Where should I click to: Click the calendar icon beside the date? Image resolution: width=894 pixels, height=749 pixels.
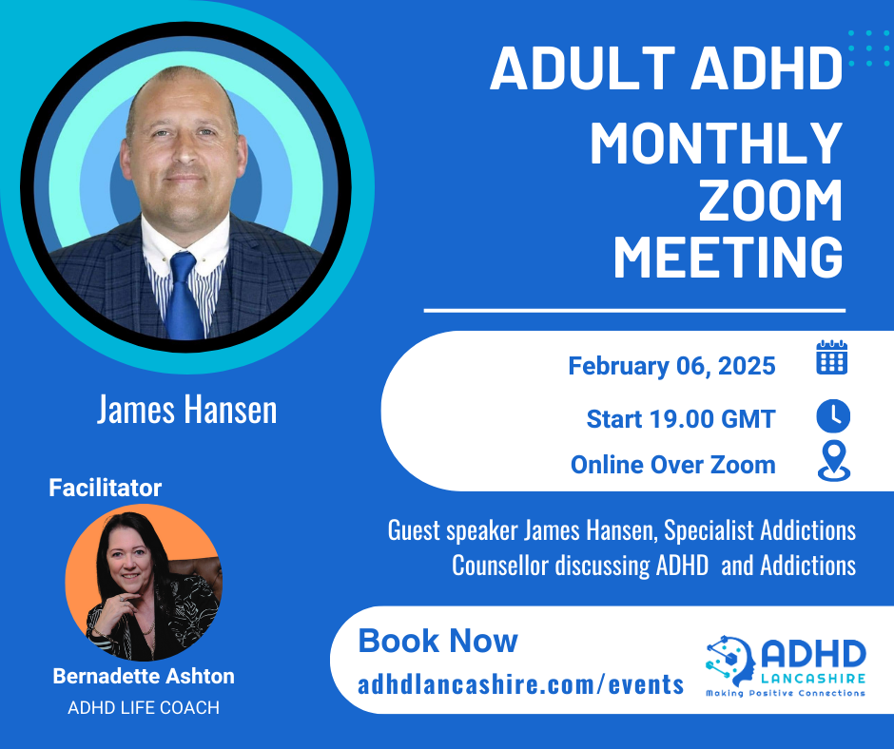click(832, 358)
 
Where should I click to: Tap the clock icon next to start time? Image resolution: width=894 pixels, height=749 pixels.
click(833, 416)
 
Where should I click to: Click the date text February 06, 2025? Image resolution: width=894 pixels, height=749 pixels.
click(671, 366)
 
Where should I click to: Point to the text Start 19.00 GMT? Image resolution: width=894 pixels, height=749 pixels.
click(680, 418)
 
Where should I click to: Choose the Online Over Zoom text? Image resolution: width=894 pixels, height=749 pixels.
click(672, 465)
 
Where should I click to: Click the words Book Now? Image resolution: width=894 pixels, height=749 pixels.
click(437, 641)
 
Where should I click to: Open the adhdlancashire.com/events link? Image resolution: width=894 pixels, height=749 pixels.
click(520, 683)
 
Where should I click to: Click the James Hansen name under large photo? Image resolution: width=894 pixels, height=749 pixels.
click(186, 410)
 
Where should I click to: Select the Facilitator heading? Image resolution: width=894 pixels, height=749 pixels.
click(105, 489)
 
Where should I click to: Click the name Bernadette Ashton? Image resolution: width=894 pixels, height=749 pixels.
click(144, 677)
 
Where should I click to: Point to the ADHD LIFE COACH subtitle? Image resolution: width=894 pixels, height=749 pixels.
click(144, 708)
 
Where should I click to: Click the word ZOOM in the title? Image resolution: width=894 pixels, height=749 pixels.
click(770, 202)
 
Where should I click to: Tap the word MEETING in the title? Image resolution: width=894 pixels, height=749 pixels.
click(728, 259)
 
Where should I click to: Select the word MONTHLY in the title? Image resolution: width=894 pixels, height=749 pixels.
click(716, 144)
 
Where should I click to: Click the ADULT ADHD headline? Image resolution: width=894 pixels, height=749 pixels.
click(666, 69)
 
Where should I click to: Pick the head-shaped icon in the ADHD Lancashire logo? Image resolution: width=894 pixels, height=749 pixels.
click(731, 659)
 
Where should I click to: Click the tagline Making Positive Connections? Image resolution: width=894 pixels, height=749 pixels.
click(785, 694)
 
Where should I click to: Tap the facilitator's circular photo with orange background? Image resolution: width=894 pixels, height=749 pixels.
click(144, 583)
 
